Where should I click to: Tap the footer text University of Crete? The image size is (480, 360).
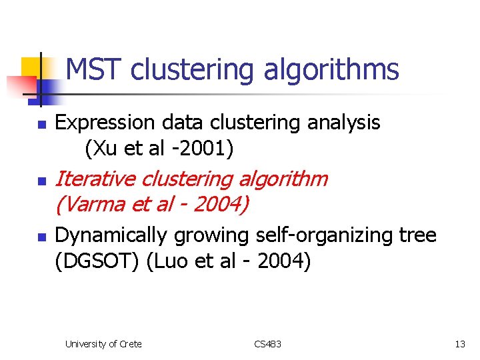103,344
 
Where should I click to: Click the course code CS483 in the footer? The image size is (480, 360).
268,344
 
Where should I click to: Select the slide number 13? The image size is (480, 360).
459,344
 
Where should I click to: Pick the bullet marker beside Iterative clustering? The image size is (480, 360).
41,181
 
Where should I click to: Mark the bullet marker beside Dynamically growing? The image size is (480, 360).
41,237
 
